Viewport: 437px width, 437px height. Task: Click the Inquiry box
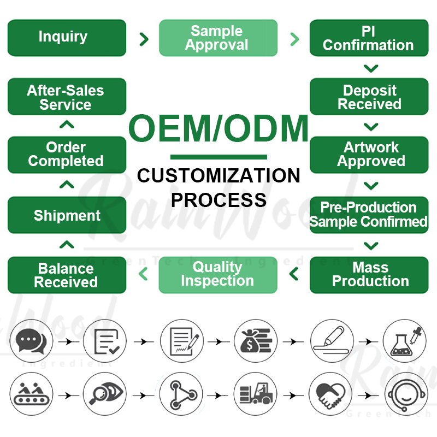point(67,38)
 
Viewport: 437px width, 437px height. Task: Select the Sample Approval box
point(218,38)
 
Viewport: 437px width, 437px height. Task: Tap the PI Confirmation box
point(369,38)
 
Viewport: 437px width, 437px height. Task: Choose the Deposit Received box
point(369,97)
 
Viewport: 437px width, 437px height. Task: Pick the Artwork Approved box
point(369,155)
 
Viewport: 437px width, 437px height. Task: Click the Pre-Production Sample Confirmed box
point(369,215)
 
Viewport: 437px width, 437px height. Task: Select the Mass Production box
point(369,275)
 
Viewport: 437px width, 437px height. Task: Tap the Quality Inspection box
point(218,275)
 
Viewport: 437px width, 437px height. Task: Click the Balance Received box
point(67,275)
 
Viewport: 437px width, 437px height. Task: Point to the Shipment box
point(67,215)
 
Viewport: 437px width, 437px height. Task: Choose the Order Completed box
point(67,155)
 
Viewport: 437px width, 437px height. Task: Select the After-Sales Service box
point(67,97)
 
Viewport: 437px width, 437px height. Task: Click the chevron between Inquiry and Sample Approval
point(144,39)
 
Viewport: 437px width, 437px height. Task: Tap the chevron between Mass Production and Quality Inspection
point(294,274)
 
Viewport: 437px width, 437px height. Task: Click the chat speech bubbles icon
point(31,341)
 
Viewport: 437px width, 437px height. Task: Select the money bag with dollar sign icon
point(256,341)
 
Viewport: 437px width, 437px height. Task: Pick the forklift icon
point(256,394)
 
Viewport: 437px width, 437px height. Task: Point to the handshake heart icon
point(330,394)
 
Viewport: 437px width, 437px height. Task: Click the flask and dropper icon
point(405,341)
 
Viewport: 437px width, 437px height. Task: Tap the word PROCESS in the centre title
point(219,200)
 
